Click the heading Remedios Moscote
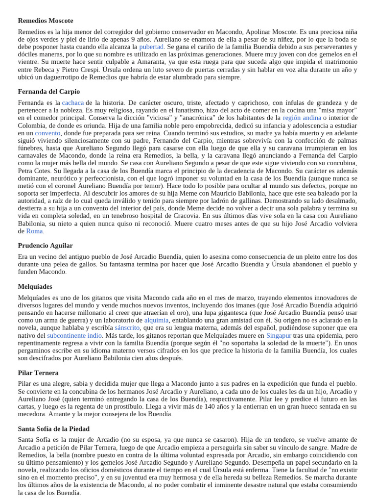(46, 21)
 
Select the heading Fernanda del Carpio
(49, 92)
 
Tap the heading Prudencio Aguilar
(45, 245)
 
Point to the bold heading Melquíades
(35, 286)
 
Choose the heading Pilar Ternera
(38, 373)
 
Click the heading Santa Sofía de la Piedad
(54, 428)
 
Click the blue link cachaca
(73, 102)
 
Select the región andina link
(302, 118)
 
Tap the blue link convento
(47, 133)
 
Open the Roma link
(34, 231)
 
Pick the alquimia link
(156, 320)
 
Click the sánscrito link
(127, 327)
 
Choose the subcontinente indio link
(74, 335)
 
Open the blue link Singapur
(279, 335)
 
